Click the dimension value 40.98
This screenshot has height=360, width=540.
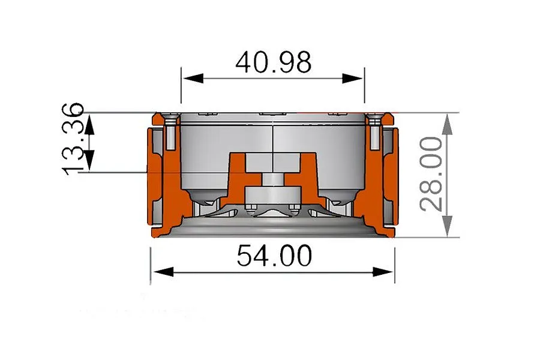[x=274, y=62]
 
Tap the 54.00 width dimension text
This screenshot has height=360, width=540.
[x=274, y=255]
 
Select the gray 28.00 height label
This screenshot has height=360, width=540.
[x=431, y=174]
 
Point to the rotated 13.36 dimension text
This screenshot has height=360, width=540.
[x=73, y=139]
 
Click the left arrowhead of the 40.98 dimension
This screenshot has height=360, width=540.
[x=193, y=78]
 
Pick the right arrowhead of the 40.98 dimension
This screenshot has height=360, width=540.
[x=353, y=78]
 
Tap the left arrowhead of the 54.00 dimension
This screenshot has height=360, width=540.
[x=163, y=272]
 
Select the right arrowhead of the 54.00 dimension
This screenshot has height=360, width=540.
[x=383, y=272]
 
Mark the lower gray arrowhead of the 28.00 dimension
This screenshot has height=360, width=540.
[x=447, y=226]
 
